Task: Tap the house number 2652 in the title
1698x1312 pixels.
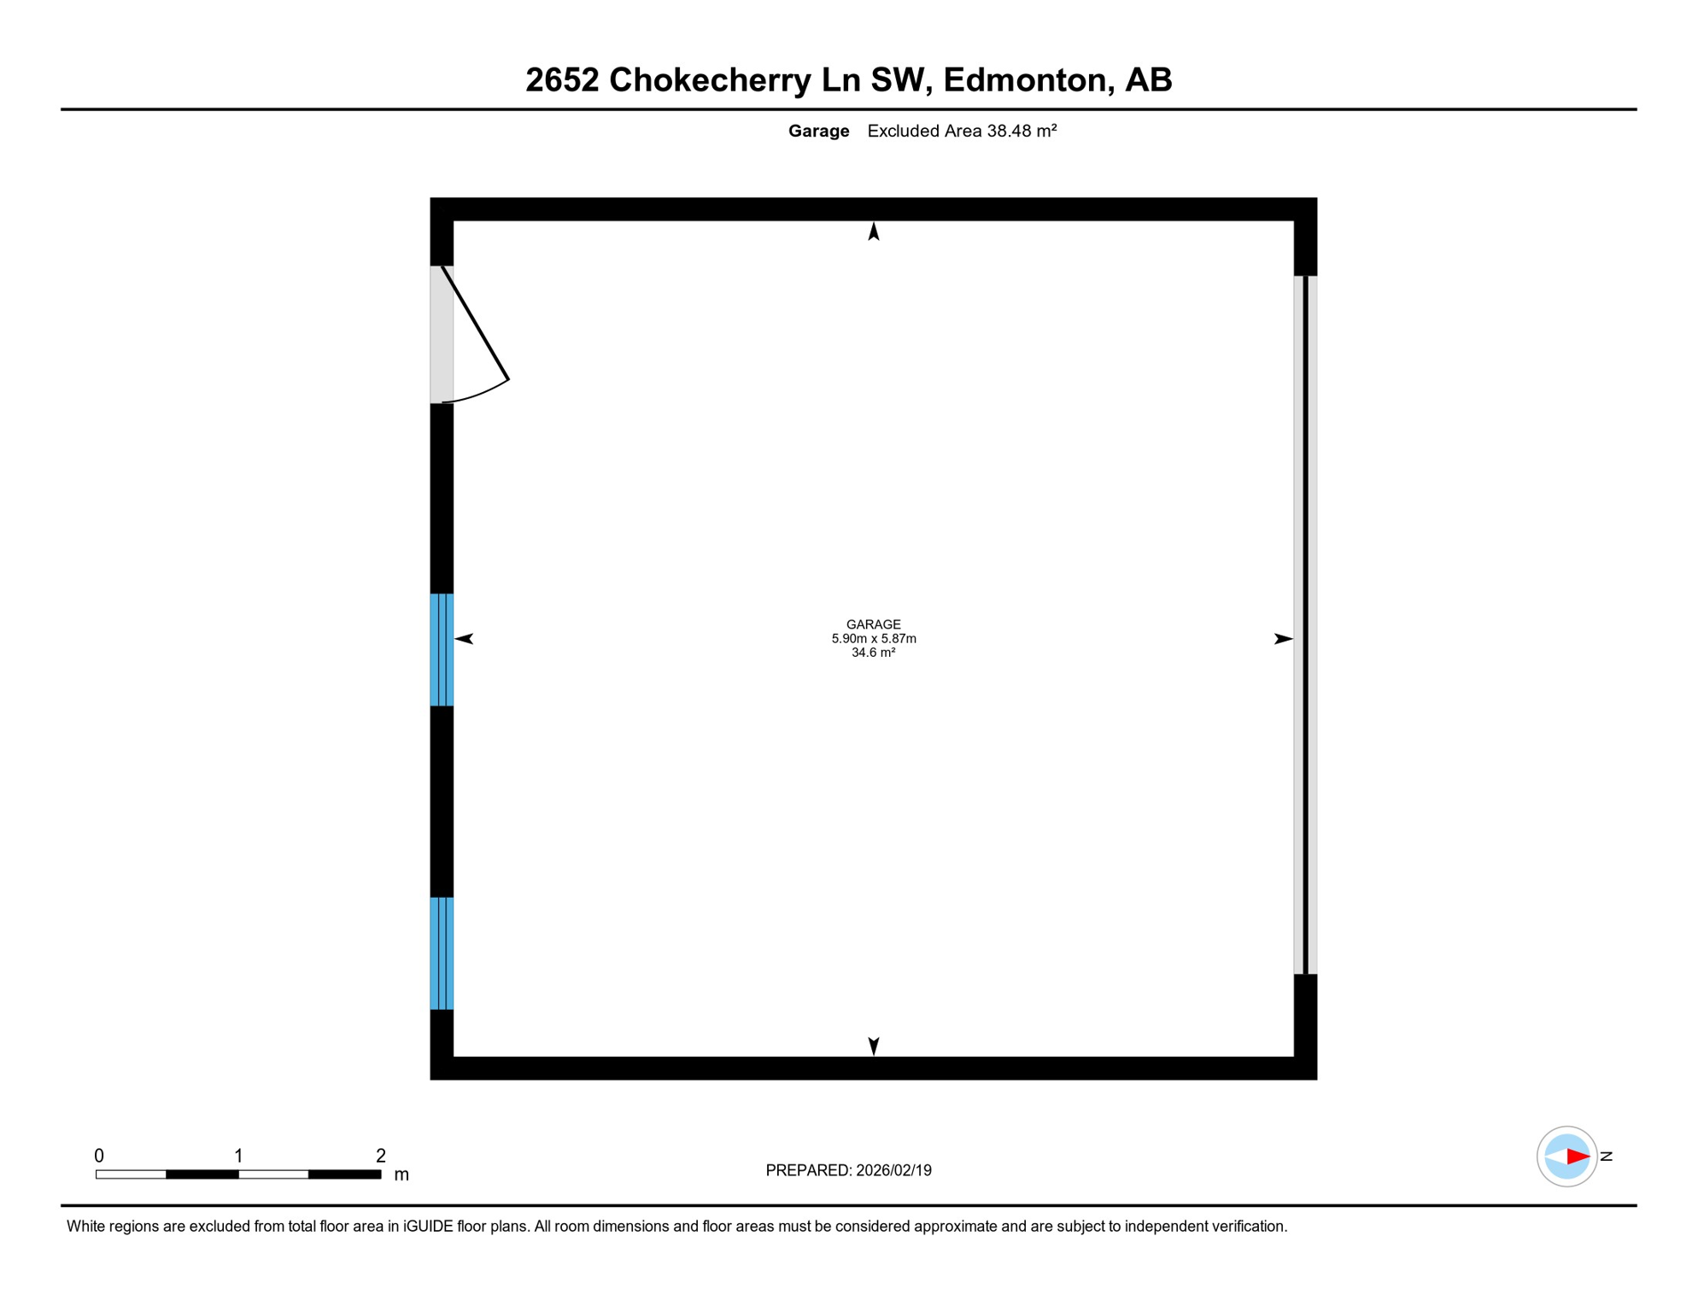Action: pos(561,80)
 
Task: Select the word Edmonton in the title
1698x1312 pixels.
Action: pos(1024,80)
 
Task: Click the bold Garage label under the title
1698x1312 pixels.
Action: pos(818,131)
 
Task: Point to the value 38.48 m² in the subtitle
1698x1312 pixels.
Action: pos(1022,131)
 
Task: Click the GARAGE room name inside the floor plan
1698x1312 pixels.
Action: pos(873,624)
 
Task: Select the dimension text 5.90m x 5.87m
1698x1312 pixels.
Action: pos(873,638)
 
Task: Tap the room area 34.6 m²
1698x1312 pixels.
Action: pos(873,653)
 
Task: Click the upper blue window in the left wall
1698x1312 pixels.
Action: pos(442,649)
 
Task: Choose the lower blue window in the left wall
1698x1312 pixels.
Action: pos(442,953)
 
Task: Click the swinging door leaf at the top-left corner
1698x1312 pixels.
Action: pos(475,323)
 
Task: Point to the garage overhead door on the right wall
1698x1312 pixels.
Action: pos(1305,624)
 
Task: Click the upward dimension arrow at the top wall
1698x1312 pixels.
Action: pos(873,231)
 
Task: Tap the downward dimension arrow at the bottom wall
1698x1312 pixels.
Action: pos(873,1045)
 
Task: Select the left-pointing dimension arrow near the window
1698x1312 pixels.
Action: pos(464,638)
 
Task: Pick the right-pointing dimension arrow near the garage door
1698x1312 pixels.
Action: pos(1283,638)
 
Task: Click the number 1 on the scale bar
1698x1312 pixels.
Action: pos(239,1156)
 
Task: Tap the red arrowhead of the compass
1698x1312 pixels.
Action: pos(1578,1157)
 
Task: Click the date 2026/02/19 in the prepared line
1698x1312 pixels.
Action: pos(893,1170)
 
